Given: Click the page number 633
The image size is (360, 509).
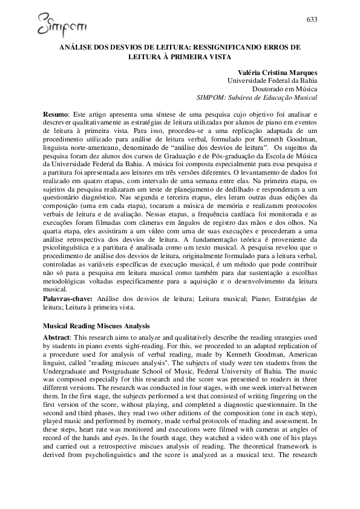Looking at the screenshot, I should (x=312, y=20).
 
